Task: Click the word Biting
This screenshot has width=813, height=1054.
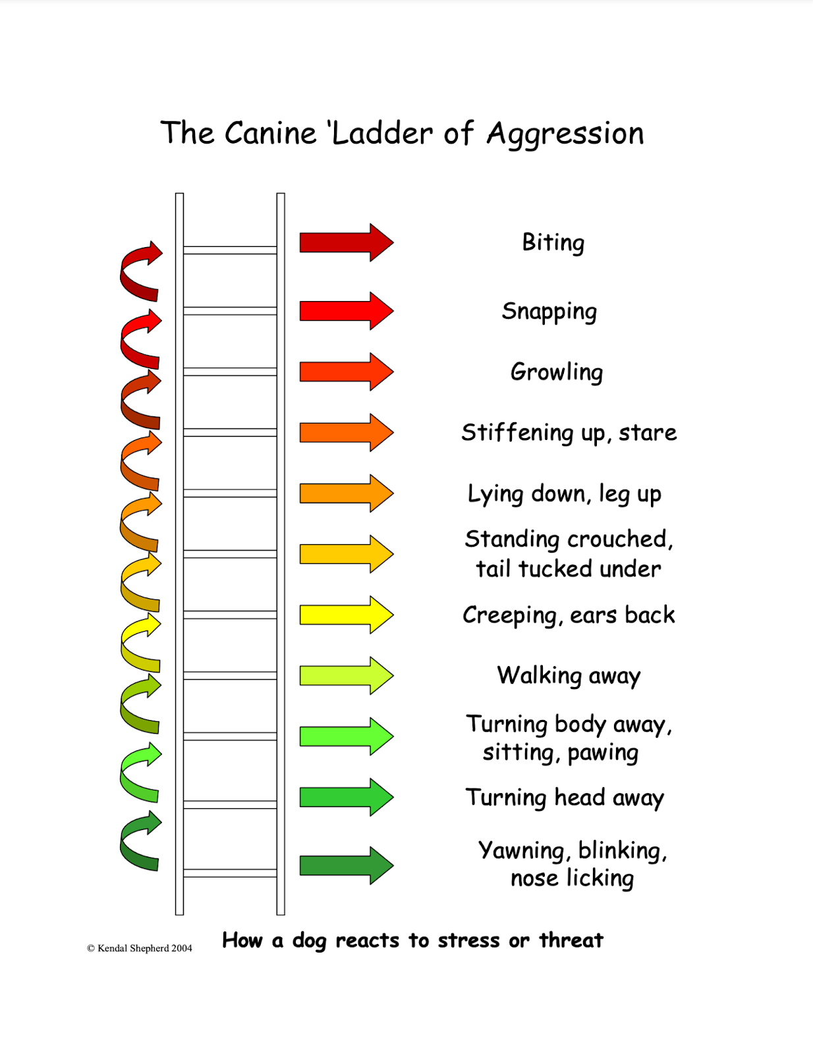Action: (553, 243)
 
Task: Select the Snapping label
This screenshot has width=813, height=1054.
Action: (549, 312)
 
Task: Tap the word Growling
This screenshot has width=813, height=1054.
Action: (557, 372)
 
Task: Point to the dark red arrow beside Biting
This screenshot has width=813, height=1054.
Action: (347, 242)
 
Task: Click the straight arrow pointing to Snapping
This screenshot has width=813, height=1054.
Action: (347, 311)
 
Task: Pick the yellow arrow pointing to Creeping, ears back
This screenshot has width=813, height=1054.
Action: (347, 615)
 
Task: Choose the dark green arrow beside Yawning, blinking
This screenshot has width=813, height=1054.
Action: (347, 866)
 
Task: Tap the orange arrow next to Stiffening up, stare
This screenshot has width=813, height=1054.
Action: (347, 433)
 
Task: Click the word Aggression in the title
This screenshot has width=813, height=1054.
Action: (565, 134)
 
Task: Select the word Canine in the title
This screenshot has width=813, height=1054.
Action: (270, 133)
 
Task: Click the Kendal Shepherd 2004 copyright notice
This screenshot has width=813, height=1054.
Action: (140, 948)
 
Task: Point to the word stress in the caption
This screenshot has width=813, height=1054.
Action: (468, 940)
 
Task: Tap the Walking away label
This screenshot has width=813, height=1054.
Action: (569, 676)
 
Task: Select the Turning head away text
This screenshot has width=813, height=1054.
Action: (565, 798)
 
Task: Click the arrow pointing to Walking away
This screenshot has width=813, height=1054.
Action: (347, 676)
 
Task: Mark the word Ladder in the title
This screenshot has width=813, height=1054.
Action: (382, 133)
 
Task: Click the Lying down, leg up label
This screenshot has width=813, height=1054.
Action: (564, 494)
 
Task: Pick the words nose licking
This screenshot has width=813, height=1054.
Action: (572, 878)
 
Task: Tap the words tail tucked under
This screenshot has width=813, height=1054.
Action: (568, 569)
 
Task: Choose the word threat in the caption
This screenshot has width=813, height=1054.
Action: (571, 940)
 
